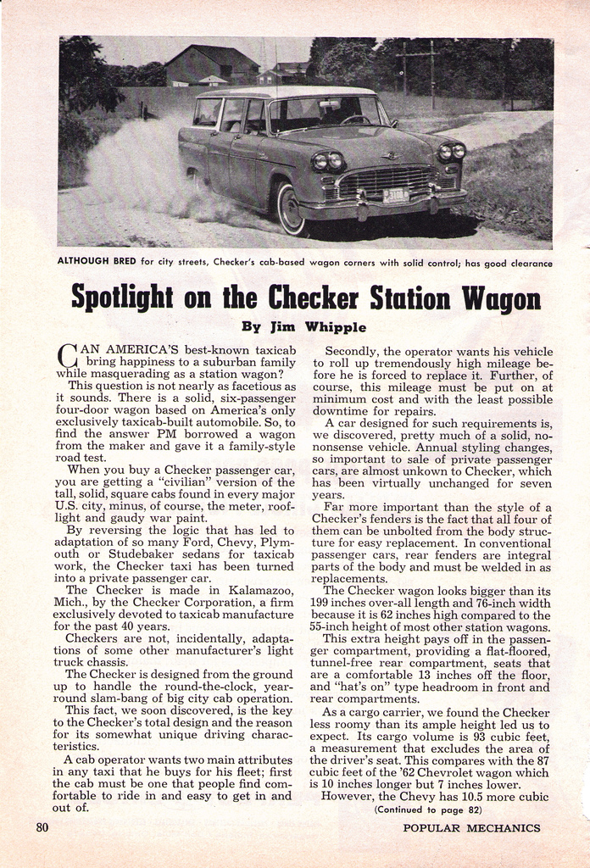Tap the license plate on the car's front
click(395, 197)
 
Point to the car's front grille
click(386, 180)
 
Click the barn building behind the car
click(211, 65)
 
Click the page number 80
click(42, 827)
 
